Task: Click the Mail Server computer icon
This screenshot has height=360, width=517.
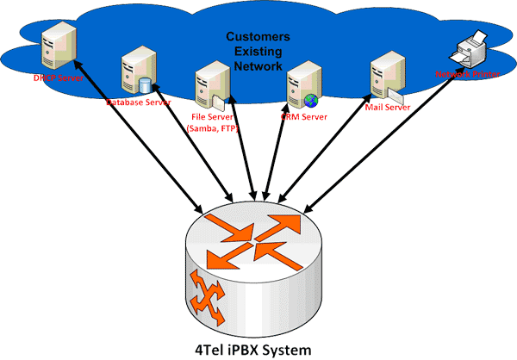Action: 382,78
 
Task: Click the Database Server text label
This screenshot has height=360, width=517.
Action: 137,102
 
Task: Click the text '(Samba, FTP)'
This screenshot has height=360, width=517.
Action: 212,127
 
